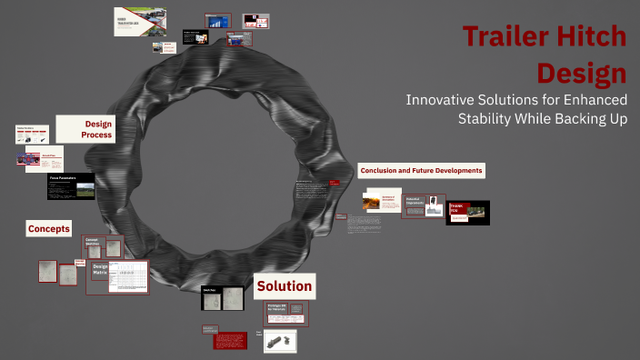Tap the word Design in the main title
[581, 73]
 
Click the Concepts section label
[49, 229]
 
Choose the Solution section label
[285, 286]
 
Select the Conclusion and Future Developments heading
[421, 171]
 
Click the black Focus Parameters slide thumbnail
[71, 186]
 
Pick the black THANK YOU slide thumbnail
[467, 213]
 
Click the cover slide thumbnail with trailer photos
[139, 22]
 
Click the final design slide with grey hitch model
[280, 341]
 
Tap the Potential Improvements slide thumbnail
[420, 205]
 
